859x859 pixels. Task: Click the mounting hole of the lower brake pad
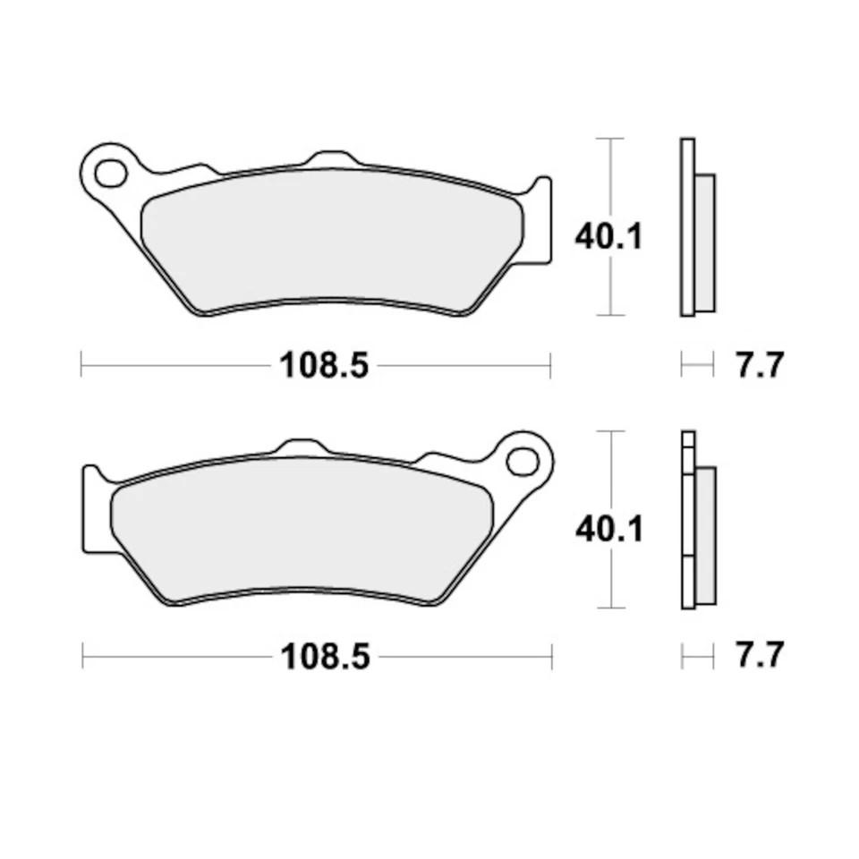[x=519, y=462]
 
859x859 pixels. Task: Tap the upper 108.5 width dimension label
[x=324, y=365]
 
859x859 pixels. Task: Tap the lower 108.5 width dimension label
[x=324, y=658]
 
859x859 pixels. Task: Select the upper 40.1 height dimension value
[x=608, y=238]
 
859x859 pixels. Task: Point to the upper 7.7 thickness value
[x=759, y=365]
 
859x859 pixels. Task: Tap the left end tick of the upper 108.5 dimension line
[x=81, y=365]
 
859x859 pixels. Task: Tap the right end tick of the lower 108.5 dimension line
[x=551, y=658]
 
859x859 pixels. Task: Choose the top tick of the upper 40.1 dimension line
[x=609, y=139]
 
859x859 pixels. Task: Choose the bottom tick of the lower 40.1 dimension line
[x=609, y=608]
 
